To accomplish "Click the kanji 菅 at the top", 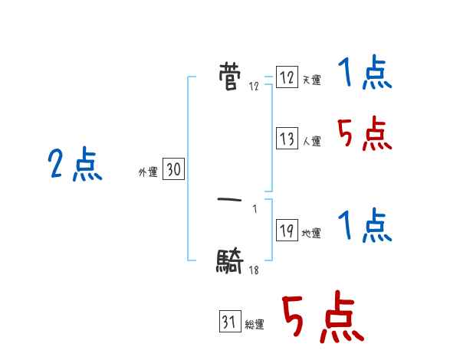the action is pos(229,77).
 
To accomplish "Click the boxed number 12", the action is pos(287,78).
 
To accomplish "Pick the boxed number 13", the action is pos(287,139).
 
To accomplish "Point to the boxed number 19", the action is pos(287,231).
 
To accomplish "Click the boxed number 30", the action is pos(173,171).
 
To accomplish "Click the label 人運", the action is pos(311,142).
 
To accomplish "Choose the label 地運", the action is pos(311,234).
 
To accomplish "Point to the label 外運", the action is pos(147,173).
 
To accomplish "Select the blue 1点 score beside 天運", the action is pos(365,74).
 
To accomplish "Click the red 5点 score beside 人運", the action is pos(365,135).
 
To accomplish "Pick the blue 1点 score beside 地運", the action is pos(365,227).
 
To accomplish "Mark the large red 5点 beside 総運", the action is pos(320,318).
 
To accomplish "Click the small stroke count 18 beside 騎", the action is pos(254,270).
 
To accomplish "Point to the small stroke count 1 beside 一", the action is pos(254,209).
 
